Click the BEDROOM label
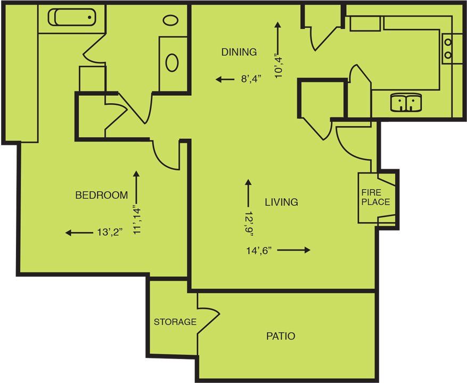pos(101,195)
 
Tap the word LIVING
pos(281,202)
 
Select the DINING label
pos(239,52)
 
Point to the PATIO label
pos(281,336)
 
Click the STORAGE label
pos(175,322)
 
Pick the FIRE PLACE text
pos(375,197)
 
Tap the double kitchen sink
pos(406,103)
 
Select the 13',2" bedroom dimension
pos(111,232)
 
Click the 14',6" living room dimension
pos(259,250)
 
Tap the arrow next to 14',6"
pos(293,250)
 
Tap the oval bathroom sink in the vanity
pos(171,62)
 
